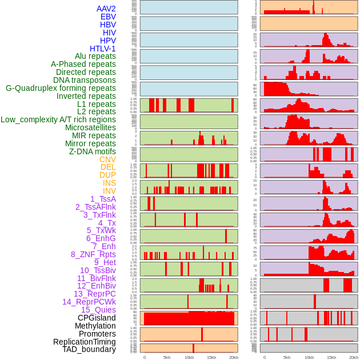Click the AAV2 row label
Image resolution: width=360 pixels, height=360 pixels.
coord(106,9)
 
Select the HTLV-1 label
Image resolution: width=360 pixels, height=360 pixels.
coord(103,49)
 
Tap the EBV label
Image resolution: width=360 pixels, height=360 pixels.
coord(108,17)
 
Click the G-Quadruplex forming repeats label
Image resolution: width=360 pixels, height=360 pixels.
coord(61,88)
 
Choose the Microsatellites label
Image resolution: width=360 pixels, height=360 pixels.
coord(90,127)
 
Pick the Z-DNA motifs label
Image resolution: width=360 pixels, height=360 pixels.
coord(92,151)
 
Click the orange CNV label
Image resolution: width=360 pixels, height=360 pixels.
coord(107,159)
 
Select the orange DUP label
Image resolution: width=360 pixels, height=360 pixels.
coord(107,175)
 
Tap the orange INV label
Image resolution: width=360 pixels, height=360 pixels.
coord(109,191)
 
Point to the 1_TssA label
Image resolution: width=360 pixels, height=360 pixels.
coord(103,199)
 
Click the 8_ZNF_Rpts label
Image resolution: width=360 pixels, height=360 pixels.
coord(93,254)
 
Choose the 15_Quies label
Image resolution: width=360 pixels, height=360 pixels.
coord(98,310)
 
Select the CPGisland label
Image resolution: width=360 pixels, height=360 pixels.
coord(97,318)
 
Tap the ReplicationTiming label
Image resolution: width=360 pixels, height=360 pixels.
coord(85,342)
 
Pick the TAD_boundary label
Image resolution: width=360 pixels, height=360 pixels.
coord(89,349)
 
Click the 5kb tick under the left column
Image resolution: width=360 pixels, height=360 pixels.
coord(167,357)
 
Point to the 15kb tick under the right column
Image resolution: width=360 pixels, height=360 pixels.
coord(331,357)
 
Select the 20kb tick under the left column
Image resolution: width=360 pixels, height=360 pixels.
coord(234,357)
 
